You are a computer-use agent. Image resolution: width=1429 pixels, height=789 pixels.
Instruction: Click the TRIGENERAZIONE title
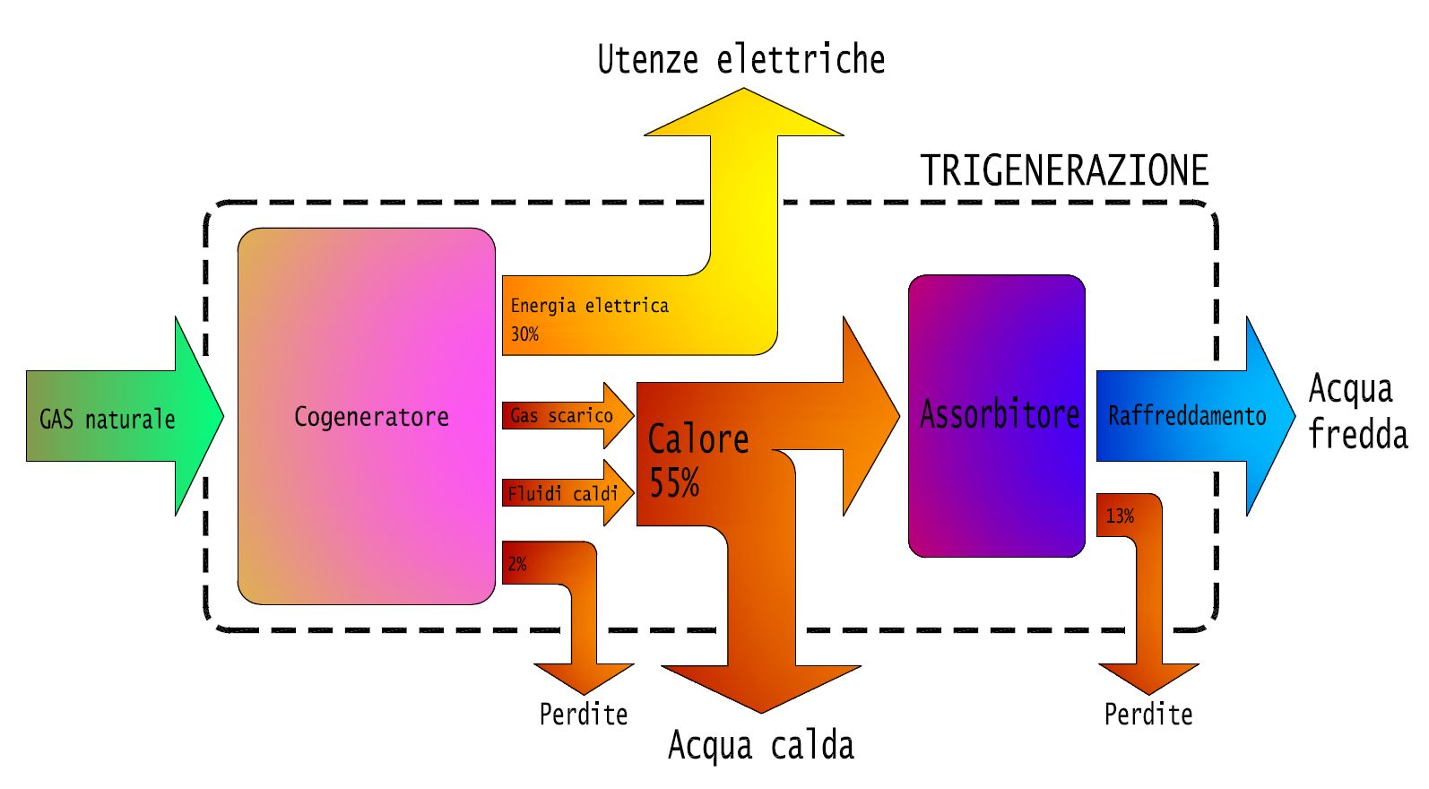[x=1064, y=170]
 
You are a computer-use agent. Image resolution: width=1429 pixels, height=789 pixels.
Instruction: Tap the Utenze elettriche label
[x=740, y=60]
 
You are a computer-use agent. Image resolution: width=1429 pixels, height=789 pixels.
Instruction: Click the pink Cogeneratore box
[x=367, y=416]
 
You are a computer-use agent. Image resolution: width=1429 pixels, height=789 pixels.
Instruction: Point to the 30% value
[x=524, y=334]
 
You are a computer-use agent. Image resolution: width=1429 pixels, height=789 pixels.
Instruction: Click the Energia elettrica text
[x=589, y=306]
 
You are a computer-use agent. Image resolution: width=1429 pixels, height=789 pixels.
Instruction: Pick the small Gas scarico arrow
[x=567, y=415]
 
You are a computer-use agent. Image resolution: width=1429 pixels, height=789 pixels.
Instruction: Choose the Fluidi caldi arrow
[x=567, y=493]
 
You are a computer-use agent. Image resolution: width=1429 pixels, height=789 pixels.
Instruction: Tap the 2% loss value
[x=517, y=564]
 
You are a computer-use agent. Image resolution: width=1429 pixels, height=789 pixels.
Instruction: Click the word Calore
[x=697, y=439]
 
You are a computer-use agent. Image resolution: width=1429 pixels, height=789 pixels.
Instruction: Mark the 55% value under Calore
[x=674, y=483]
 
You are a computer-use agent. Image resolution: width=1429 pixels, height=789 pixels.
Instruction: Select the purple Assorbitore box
[x=997, y=415]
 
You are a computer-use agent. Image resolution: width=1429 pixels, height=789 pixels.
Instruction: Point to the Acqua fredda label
[x=1355, y=412]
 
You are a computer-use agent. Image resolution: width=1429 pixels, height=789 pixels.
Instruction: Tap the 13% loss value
[x=1120, y=516]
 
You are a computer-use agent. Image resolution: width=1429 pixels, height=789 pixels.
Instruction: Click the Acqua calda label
[x=760, y=745]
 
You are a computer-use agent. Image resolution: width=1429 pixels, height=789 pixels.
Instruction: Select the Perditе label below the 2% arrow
[x=583, y=715]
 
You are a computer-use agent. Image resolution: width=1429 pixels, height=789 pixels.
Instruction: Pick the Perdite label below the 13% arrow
[x=1148, y=715]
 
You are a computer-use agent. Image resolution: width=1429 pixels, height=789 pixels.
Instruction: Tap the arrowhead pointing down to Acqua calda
[x=761, y=686]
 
